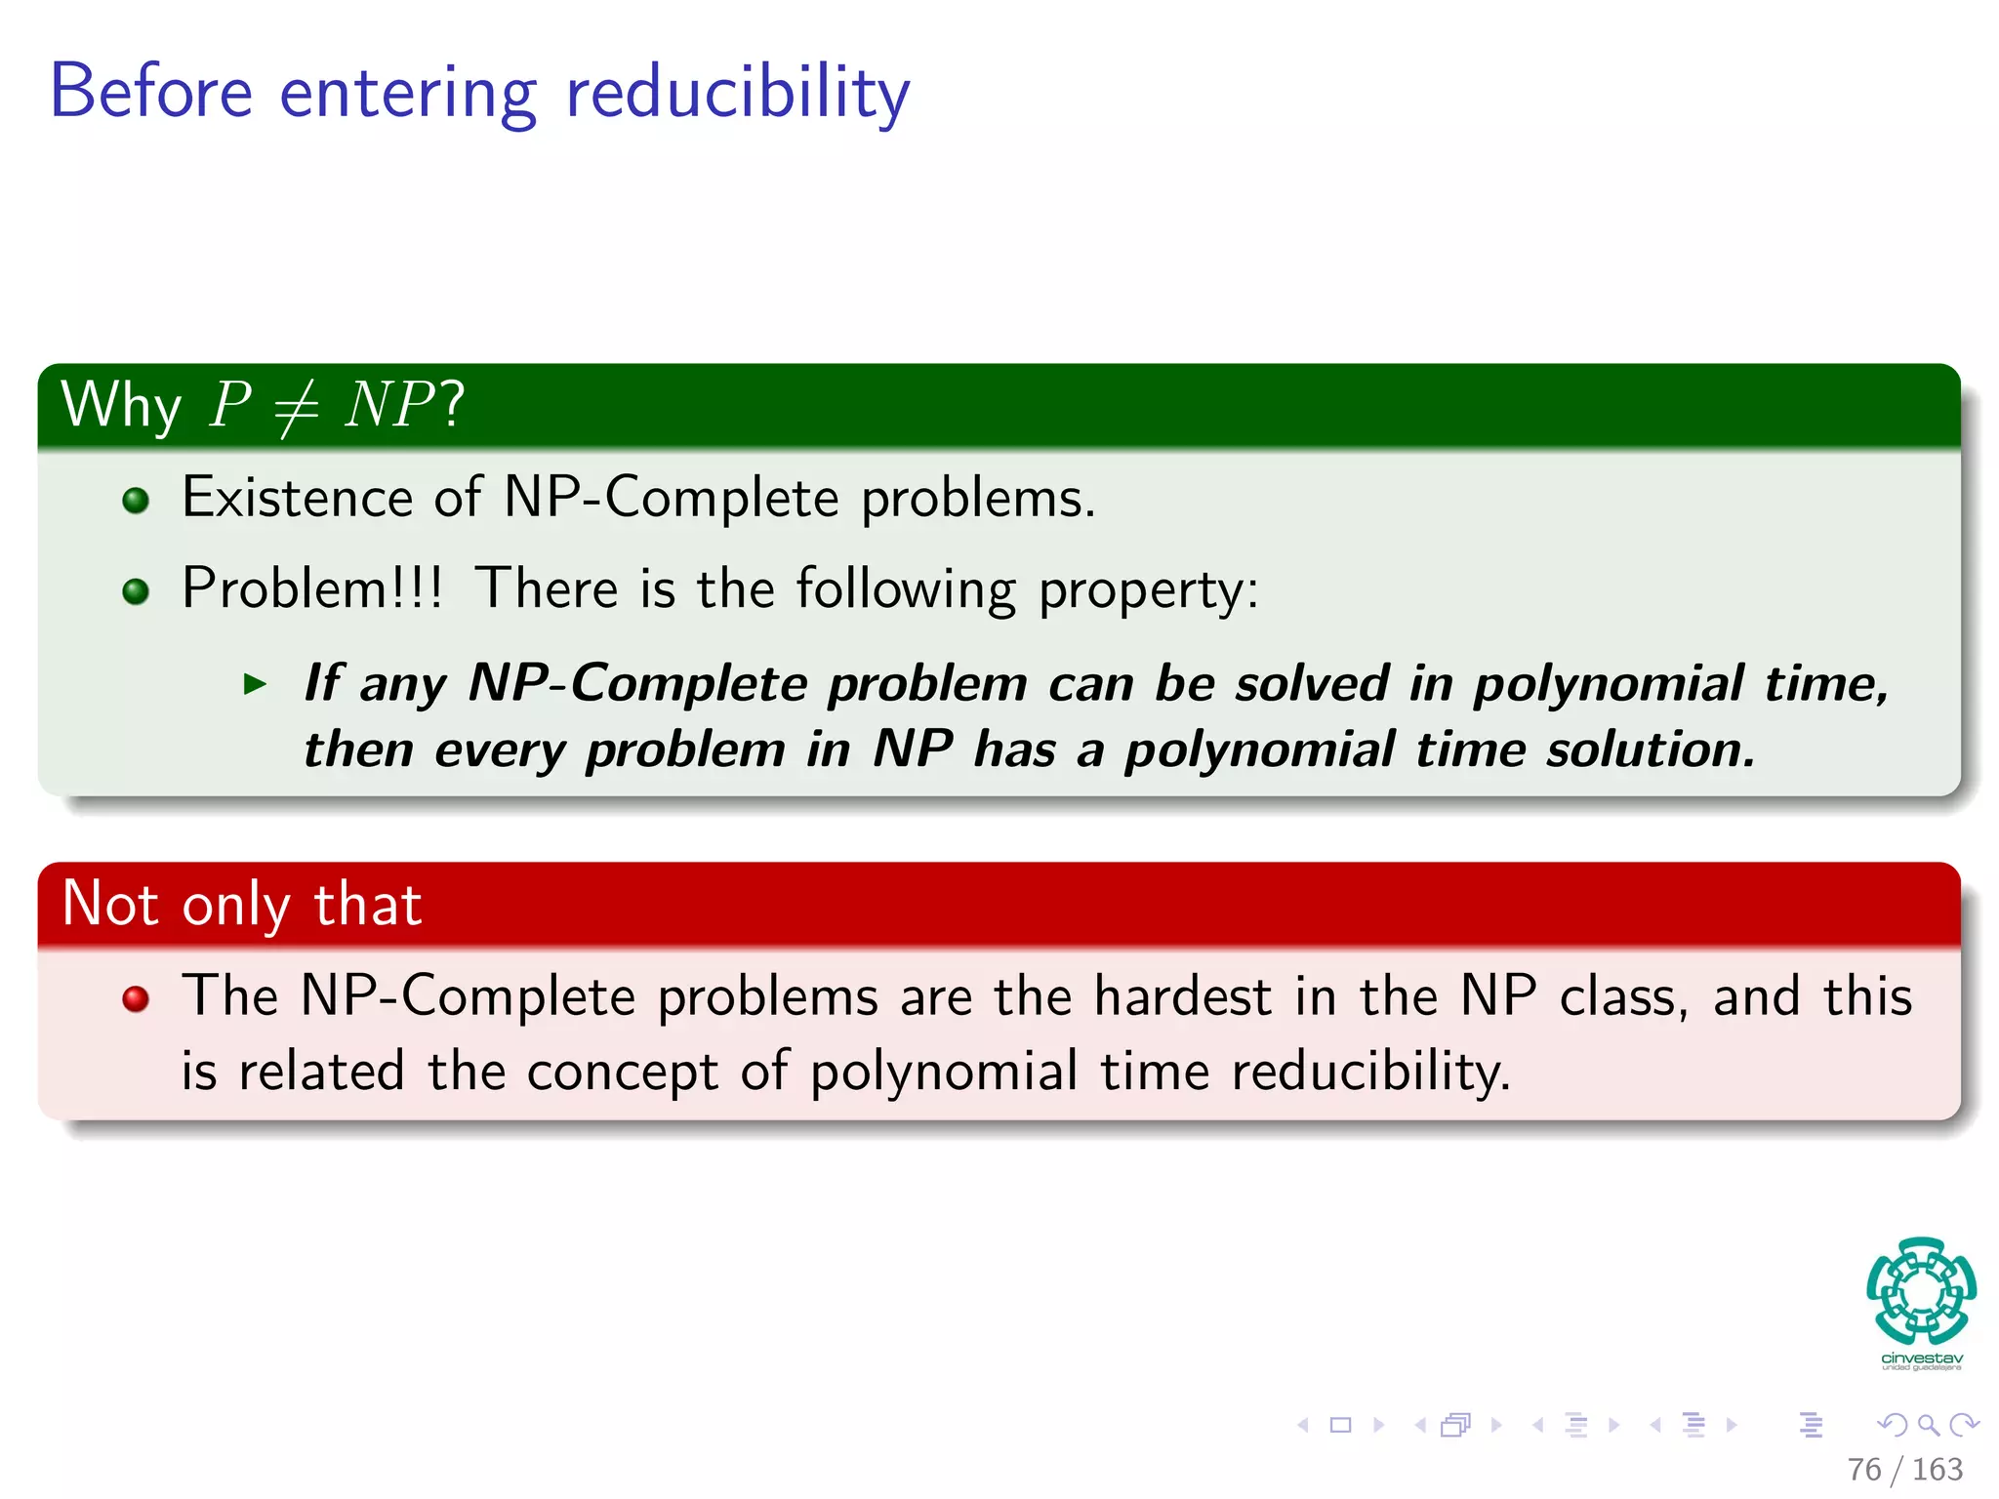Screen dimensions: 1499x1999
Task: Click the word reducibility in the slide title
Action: coord(737,93)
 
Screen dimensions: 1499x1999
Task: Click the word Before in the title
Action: coord(151,93)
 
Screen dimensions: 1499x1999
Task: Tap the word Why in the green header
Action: coord(121,406)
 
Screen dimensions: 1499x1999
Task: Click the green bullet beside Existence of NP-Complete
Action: coord(136,501)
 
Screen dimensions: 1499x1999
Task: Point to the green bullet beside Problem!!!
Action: coord(136,591)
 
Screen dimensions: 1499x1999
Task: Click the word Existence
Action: coord(296,498)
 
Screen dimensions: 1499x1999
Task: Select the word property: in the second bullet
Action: coord(1148,590)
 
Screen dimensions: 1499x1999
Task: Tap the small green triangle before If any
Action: coord(255,684)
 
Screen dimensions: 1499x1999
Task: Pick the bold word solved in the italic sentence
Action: coord(1311,683)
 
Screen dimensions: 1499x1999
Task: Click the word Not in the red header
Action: coord(109,904)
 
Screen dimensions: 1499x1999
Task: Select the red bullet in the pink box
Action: coord(136,998)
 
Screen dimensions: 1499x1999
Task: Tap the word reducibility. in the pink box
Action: coord(1370,1072)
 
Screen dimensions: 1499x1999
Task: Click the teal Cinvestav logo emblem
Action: coord(1921,1291)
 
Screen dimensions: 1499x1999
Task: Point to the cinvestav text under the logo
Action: coord(1921,1358)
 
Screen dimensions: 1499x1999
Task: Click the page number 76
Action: coord(1863,1469)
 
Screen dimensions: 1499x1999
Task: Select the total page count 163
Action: coord(1937,1469)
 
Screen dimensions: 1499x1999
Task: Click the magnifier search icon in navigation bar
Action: coord(1928,1426)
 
